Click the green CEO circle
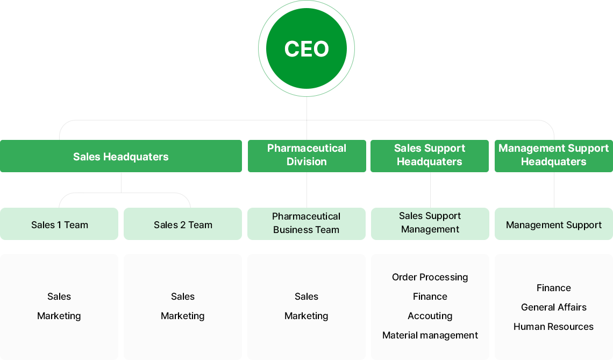[306, 48]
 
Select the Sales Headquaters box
[121, 157]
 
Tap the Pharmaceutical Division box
[306, 156]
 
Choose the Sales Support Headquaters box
[430, 156]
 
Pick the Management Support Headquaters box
[553, 156]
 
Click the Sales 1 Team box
[59, 224]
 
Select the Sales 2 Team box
[183, 224]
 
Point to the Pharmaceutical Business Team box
[306, 223]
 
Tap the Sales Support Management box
[430, 223]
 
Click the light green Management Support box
[553, 224]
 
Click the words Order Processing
[430, 277]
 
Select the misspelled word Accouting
[430, 316]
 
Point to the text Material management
[430, 335]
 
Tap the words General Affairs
[553, 307]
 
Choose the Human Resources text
[553, 327]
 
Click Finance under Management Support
[553, 288]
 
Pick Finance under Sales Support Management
[430, 297]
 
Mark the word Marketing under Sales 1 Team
[59, 316]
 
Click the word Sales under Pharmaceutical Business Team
[306, 297]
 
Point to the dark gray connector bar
[430, 129]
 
